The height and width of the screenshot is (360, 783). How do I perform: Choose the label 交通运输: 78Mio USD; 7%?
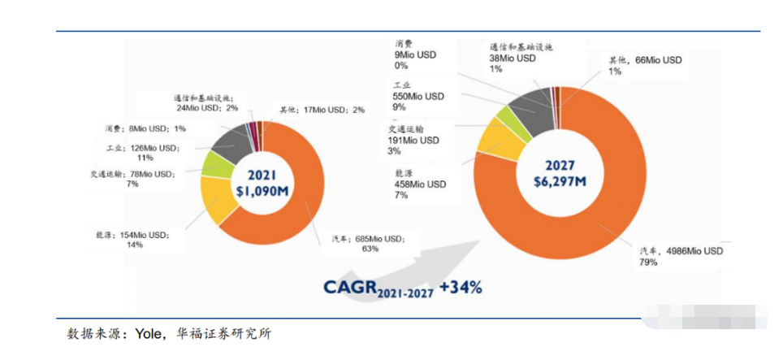(132, 178)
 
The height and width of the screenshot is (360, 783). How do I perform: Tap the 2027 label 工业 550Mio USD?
(418, 95)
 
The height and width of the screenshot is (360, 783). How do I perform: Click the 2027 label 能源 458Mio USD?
(420, 184)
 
